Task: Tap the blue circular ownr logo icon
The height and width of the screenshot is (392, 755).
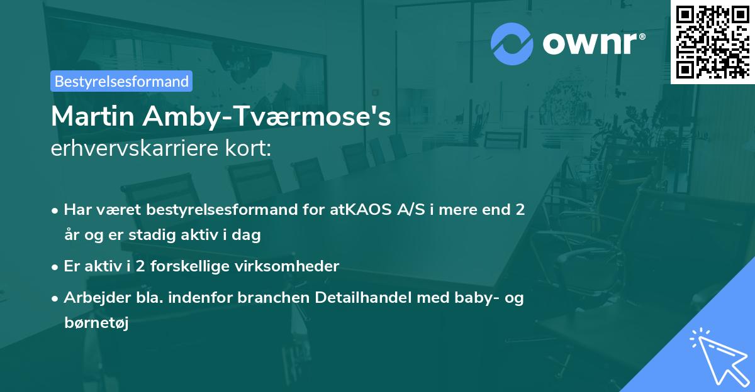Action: pyautogui.click(x=512, y=43)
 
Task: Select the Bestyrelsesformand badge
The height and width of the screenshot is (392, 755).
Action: pyautogui.click(x=121, y=81)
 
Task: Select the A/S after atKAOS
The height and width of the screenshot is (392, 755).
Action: pyautogui.click(x=407, y=210)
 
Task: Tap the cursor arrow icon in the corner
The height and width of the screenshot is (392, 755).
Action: pyautogui.click(x=717, y=355)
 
